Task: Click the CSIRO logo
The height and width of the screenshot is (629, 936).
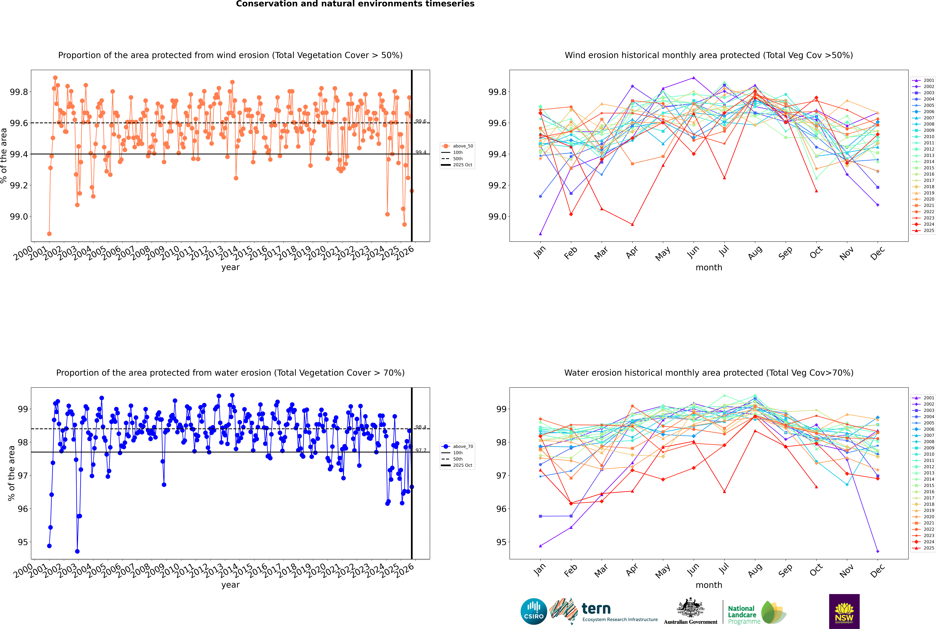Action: (534, 611)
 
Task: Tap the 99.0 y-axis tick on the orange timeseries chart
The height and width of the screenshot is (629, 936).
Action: (19, 217)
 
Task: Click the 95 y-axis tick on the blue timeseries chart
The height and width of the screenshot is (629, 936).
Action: (23, 542)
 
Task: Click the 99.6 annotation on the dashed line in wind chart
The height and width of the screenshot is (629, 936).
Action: (421, 121)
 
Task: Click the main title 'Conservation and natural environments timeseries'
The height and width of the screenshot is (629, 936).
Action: (355, 4)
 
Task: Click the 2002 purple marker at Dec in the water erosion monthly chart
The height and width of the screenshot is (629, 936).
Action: (877, 551)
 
